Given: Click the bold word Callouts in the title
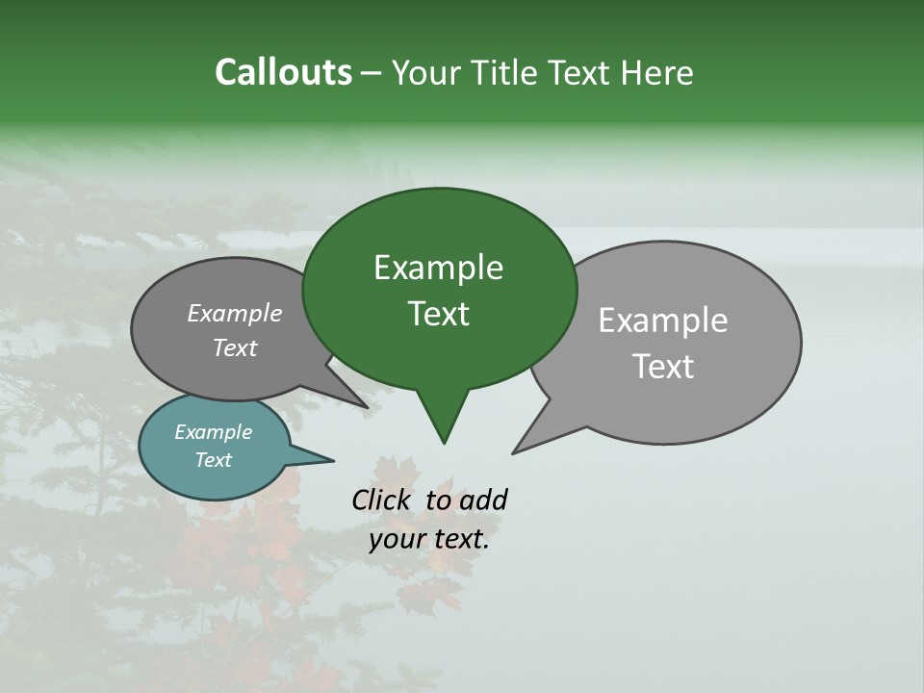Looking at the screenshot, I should point(283,72).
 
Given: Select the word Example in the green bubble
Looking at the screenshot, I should point(438,268).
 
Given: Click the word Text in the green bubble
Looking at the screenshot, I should point(438,314).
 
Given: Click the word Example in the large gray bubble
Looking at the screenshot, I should point(662,321).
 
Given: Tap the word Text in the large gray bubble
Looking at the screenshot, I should point(663,367).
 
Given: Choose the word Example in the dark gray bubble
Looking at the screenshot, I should point(234,313).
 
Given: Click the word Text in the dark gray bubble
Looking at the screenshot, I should point(234,348).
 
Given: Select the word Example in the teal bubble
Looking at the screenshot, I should point(213,432).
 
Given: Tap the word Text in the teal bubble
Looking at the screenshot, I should point(213,460).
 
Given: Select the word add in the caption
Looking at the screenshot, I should point(482,500).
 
